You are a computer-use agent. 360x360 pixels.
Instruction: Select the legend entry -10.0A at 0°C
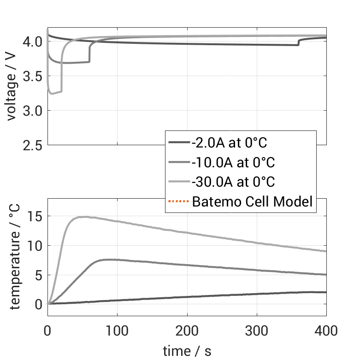233,162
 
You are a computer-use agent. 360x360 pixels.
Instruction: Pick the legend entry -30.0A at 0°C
233,182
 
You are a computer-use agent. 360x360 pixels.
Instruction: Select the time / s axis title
187,351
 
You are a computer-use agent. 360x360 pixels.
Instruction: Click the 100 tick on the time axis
117,331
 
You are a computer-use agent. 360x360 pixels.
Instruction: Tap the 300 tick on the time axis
257,331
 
